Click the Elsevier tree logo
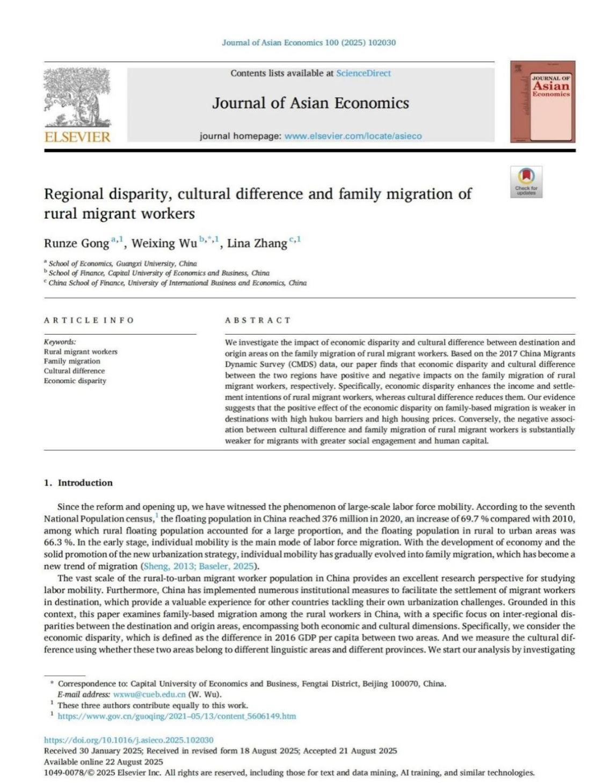(x=77, y=97)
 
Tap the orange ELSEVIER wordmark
(x=77, y=137)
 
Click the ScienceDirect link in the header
(x=363, y=73)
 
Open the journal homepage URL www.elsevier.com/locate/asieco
(x=353, y=136)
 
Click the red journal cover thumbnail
(x=542, y=102)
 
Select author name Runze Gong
(x=76, y=243)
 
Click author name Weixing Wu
(x=164, y=243)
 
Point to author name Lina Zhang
(x=257, y=243)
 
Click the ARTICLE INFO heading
(x=89, y=320)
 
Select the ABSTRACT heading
(x=258, y=320)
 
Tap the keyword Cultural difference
(x=74, y=371)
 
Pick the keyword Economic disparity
(x=75, y=381)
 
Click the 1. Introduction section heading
(x=78, y=482)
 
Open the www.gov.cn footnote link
(x=177, y=716)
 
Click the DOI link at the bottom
(x=129, y=740)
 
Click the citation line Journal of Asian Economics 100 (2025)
(x=309, y=42)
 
